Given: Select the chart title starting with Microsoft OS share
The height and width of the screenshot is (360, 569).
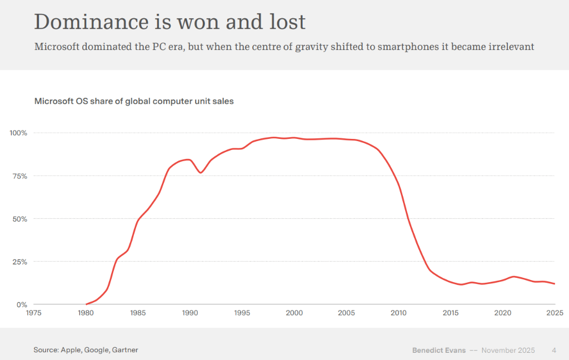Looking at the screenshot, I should (x=134, y=101).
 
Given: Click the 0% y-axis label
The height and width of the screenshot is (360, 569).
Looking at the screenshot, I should (x=21, y=304).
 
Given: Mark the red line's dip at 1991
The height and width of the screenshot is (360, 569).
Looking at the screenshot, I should (x=201, y=172).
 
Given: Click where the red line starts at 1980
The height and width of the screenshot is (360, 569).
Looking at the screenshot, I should (x=87, y=304).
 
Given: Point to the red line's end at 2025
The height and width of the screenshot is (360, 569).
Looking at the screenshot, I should (x=554, y=283).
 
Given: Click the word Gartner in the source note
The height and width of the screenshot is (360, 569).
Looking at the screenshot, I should (x=125, y=350).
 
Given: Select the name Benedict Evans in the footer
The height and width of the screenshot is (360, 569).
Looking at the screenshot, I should (x=438, y=350).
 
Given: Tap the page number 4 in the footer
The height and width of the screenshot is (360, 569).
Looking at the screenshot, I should (x=553, y=350).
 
